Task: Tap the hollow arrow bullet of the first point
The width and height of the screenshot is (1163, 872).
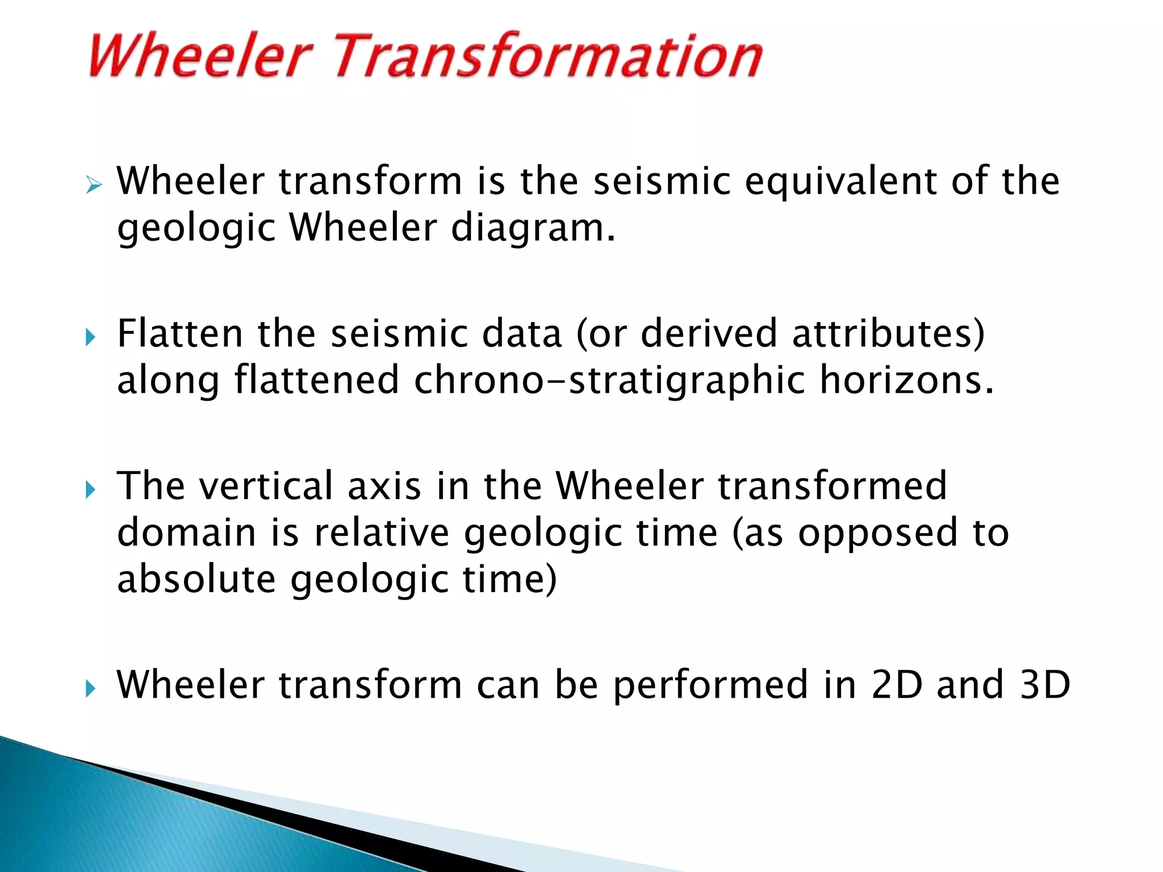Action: coord(94,185)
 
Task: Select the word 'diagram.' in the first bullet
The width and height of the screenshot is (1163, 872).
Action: coord(533,228)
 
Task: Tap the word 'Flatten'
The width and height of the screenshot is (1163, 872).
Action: coord(180,334)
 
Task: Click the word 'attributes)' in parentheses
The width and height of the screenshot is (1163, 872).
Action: coord(889,334)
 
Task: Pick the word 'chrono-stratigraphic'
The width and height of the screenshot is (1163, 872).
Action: coord(609,380)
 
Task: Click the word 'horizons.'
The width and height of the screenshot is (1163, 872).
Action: coord(907,380)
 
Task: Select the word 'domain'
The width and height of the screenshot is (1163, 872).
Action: coord(186,533)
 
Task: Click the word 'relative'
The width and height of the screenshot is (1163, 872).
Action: coord(382,533)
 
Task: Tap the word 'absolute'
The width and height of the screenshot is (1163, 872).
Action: coord(196,580)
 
